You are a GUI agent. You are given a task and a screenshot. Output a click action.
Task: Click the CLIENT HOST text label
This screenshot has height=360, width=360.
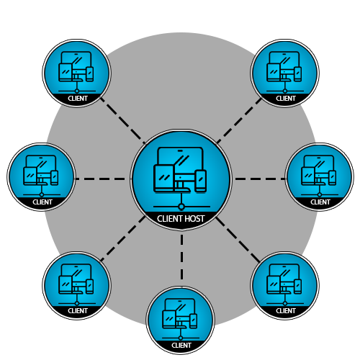[x=181, y=218]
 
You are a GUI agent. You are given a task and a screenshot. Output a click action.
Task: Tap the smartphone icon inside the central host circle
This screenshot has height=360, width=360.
[x=201, y=181]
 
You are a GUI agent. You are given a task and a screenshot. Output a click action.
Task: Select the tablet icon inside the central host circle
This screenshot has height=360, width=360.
[x=163, y=179]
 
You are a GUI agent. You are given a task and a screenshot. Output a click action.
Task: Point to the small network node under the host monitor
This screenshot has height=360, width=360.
[x=181, y=207]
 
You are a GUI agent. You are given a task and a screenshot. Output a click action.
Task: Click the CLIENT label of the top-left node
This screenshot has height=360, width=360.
[x=78, y=99]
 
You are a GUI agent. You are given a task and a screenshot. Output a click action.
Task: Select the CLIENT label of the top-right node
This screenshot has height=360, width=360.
[x=286, y=99]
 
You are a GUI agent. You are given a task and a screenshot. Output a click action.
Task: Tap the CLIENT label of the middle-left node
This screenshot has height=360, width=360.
[x=42, y=202]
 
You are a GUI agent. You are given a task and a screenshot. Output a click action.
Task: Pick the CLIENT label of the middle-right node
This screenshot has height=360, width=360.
[x=320, y=202]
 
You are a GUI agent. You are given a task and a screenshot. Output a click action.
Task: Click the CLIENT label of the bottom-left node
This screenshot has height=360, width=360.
[x=78, y=311]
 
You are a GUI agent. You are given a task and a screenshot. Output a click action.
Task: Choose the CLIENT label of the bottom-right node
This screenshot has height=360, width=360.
[x=286, y=311]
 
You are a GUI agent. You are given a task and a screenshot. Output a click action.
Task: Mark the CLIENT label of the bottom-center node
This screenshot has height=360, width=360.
[x=181, y=346]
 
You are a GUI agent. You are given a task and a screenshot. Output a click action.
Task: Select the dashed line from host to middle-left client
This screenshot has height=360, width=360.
[x=103, y=179]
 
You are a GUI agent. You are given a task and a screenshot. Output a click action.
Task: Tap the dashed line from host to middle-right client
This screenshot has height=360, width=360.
[x=258, y=179]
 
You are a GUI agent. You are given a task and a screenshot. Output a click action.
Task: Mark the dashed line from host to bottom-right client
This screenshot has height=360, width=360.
[x=239, y=238]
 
